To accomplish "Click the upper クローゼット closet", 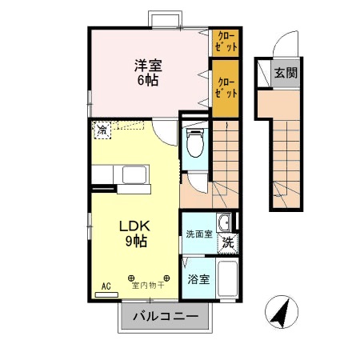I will [225, 42].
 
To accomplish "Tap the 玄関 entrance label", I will [284, 73].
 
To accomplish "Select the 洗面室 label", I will [198, 234].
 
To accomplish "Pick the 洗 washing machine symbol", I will [228, 241].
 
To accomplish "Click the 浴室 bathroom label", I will [198, 279].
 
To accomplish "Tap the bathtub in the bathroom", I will [228, 279].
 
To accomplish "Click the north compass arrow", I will [280, 311].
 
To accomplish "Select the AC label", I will [106, 285].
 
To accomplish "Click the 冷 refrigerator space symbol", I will [102, 129].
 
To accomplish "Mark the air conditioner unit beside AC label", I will [106, 294].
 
